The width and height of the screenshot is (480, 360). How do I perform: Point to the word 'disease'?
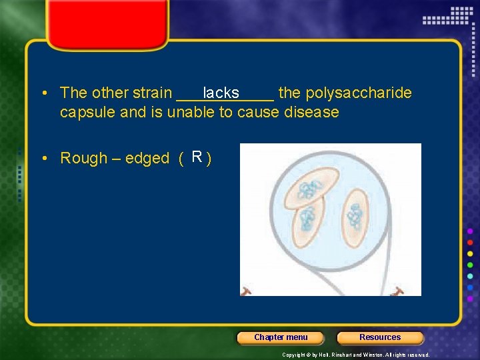pyautogui.click(x=311, y=112)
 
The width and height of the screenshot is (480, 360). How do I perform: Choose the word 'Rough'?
pyautogui.click(x=83, y=158)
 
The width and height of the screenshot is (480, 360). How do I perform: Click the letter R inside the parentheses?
pyautogui.click(x=197, y=157)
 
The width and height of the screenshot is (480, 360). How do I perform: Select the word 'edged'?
pyautogui.click(x=147, y=159)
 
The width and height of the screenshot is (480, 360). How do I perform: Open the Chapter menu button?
pyautogui.click(x=281, y=337)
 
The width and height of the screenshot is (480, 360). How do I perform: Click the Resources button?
pyautogui.click(x=380, y=337)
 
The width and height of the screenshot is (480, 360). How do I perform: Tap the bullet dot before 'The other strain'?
pyautogui.click(x=42, y=93)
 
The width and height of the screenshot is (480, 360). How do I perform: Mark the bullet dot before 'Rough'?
pyautogui.click(x=42, y=159)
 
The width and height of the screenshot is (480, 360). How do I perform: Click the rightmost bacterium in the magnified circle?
pyautogui.click(x=355, y=217)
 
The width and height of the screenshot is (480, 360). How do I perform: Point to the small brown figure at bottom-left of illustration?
pyautogui.click(x=246, y=291)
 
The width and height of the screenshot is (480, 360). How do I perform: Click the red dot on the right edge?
pyautogui.click(x=470, y=242)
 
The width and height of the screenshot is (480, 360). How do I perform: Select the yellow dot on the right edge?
pyautogui.click(x=470, y=253)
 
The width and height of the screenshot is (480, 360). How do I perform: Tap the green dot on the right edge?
pyautogui.click(x=470, y=265)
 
